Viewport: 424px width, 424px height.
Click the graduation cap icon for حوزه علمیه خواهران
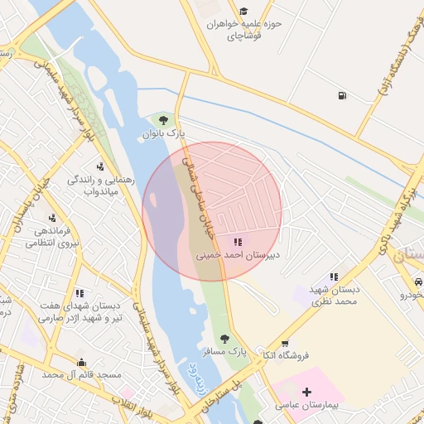tap(243, 11)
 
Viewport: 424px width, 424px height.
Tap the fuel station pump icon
tap(342, 95)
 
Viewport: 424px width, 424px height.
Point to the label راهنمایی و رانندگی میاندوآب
tap(92, 185)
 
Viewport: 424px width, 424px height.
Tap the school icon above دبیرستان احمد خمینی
tap(238, 242)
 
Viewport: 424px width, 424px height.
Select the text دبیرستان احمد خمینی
tap(238, 255)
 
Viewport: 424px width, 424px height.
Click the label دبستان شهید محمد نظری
tap(333, 295)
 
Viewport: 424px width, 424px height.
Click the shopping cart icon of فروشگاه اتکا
tap(285, 344)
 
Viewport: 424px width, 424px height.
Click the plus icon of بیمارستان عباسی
tap(307, 392)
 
